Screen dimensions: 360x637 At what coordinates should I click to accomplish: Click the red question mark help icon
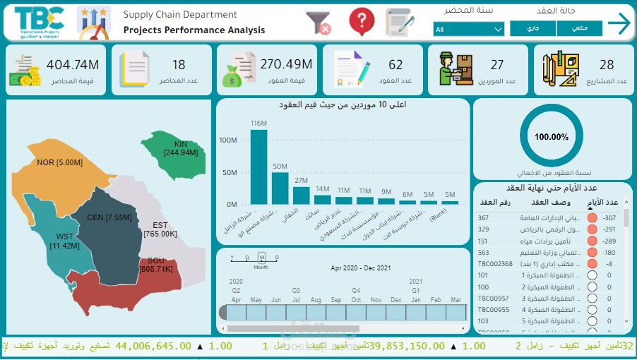click(361, 21)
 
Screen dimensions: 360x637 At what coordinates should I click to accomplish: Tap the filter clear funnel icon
click(318, 22)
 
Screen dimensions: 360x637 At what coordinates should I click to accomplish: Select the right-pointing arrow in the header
click(619, 23)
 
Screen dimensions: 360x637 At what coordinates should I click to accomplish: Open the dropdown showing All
click(469, 29)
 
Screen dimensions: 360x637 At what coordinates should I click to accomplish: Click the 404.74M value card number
click(73, 65)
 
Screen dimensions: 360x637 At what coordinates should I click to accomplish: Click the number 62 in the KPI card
click(395, 65)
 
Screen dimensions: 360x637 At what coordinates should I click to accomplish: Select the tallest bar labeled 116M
click(259, 167)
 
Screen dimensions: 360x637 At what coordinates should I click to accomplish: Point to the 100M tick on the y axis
click(227, 140)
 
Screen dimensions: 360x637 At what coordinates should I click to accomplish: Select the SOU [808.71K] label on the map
click(160, 265)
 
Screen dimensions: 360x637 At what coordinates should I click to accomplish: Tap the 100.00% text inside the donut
click(552, 137)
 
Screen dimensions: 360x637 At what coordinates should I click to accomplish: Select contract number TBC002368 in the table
click(496, 263)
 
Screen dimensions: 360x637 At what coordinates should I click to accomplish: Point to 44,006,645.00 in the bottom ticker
click(153, 346)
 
